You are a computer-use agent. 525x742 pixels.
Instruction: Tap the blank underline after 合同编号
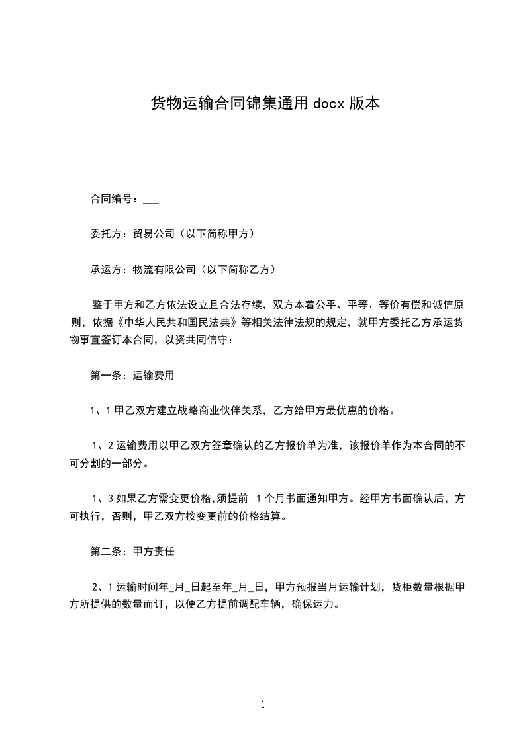point(150,198)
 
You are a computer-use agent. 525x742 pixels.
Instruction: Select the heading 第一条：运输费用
point(132,376)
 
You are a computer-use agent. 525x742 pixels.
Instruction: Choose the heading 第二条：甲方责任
point(132,550)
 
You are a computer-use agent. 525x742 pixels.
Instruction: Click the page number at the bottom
point(263,704)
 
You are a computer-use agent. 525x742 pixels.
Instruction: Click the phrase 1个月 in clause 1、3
point(272,497)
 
